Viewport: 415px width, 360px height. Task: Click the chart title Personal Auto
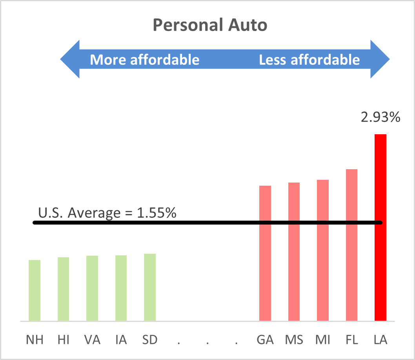coord(210,26)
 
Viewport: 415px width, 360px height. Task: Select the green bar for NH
coord(35,291)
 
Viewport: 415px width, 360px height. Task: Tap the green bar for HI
coord(63,289)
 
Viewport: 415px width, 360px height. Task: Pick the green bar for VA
coord(92,288)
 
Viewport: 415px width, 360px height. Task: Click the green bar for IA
coord(121,288)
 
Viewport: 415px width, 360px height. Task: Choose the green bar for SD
coord(150,287)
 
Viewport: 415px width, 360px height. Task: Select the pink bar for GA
coord(265,253)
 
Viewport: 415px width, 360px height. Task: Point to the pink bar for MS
coord(294,252)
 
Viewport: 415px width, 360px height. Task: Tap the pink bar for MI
coord(323,250)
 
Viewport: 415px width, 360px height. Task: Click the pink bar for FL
coord(351,245)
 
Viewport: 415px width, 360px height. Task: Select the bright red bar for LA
coord(380,228)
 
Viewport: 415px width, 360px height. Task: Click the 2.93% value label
coord(380,117)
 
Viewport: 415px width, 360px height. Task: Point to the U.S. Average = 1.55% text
coord(107,213)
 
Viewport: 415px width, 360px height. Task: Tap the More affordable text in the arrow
coord(145,60)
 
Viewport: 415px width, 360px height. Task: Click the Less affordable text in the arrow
coord(309,60)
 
